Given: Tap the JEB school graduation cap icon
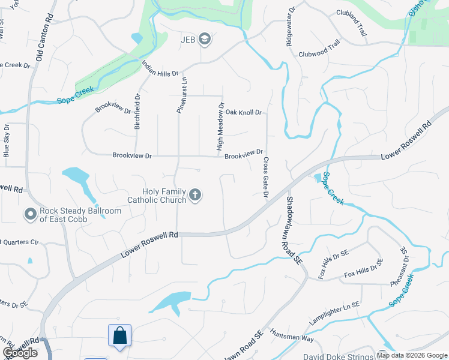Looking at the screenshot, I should pos(205,40).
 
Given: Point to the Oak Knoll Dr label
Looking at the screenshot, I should pos(244,112).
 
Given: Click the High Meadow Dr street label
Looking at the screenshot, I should pos(220,126).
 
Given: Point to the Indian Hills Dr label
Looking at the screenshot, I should pos(160,69).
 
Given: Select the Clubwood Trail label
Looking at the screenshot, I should pos(319,48).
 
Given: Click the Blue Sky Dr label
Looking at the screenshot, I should pos(6,141).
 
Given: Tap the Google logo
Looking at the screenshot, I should pos(20,353).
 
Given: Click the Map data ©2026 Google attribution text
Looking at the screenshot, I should pos(412,355).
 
